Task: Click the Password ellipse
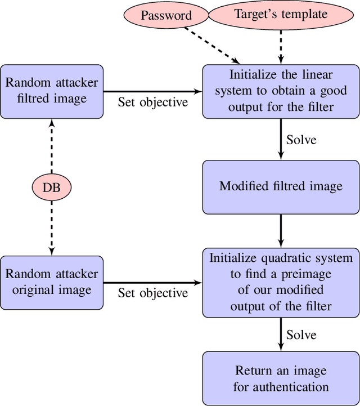tap(166, 15)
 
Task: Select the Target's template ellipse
tap(281, 14)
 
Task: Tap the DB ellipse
tap(52, 187)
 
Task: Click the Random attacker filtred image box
tap(52, 91)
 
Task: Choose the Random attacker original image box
tap(52, 282)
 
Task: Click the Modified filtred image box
tap(281, 187)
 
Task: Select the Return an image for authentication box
tap(281, 378)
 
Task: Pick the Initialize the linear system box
tap(281, 91)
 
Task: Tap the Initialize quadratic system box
tap(281, 282)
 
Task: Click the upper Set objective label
tap(152, 102)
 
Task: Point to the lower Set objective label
tap(152, 293)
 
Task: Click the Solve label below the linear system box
tap(301, 139)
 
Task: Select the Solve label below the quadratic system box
tap(301, 335)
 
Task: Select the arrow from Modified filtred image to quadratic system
tap(281, 231)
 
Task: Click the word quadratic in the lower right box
tap(286, 258)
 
